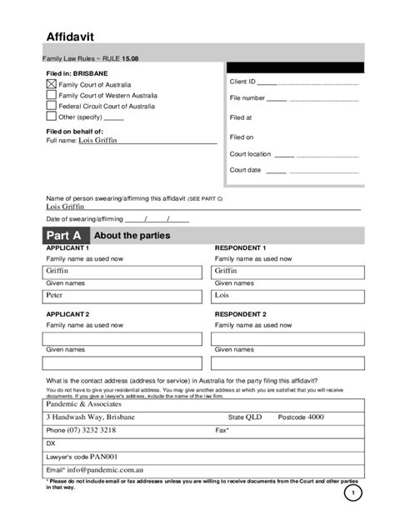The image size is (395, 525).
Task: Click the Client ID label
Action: coord(242,82)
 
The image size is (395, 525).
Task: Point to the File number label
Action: coord(247,98)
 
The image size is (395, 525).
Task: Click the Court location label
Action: coord(251,154)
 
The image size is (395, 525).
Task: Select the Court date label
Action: coord(246,170)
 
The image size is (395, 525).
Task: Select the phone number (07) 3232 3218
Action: coord(81,431)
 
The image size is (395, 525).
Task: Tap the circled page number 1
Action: coord(352,494)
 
